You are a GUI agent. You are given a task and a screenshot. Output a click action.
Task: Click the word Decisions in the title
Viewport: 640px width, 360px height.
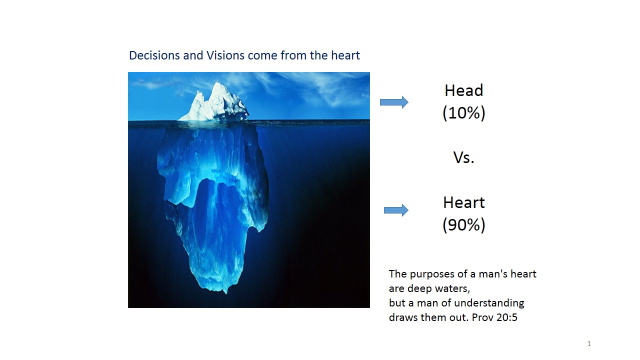pos(154,55)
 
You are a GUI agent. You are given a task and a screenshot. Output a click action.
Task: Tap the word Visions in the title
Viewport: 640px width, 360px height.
pos(225,55)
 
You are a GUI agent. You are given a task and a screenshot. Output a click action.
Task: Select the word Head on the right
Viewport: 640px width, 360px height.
pos(463,90)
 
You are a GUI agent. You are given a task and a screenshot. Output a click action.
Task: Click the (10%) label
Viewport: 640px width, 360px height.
pos(463,113)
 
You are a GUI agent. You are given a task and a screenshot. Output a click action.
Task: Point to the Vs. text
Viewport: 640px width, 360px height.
pos(463,157)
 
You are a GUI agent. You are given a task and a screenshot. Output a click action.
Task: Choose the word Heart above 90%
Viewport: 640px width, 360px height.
pos(463,202)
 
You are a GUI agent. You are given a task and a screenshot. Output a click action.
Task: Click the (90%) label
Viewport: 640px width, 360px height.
pos(463,225)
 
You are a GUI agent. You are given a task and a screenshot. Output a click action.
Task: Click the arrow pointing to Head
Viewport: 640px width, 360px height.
pos(394,102)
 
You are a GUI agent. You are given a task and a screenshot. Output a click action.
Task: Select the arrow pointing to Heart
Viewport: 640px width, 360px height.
pos(396,210)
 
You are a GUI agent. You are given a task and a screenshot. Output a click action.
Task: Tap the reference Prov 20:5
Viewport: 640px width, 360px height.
pos(494,317)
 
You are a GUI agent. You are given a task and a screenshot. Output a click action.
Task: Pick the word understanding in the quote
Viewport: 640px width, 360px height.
pos(488,303)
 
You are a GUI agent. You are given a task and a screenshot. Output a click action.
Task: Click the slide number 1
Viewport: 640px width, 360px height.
pos(589,343)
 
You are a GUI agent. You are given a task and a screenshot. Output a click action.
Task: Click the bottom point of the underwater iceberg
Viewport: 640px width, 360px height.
pos(226,293)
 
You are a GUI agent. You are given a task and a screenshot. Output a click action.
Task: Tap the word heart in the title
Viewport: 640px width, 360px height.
pos(345,55)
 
